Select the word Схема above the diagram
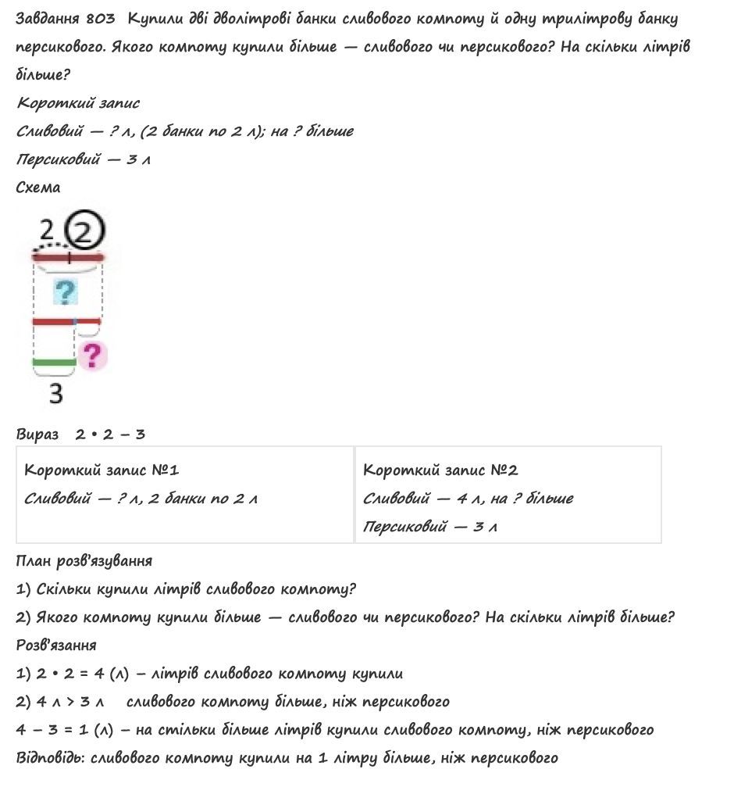point(37,188)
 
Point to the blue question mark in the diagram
point(66,293)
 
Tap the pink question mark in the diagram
point(93,356)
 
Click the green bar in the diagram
point(54,363)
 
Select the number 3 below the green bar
point(55,394)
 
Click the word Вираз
point(37,435)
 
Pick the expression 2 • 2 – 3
point(110,435)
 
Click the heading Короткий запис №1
point(102,470)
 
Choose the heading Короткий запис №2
point(440,470)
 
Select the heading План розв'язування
point(84,561)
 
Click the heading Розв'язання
point(56,646)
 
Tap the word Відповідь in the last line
point(45,758)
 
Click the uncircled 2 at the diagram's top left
point(46,231)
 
